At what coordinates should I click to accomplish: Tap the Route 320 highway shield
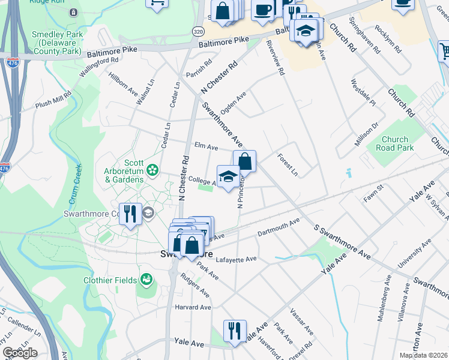click(197, 30)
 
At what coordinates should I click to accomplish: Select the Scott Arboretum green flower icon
click(152, 170)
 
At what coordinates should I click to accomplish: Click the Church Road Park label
click(394, 143)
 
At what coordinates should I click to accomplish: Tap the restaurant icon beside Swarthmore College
click(129, 214)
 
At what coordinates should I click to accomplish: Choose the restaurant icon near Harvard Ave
click(232, 330)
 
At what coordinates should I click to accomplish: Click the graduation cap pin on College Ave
click(228, 176)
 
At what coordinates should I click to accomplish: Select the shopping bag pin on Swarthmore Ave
click(244, 161)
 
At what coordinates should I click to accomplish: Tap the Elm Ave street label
click(205, 145)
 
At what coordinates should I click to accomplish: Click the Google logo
click(20, 353)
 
